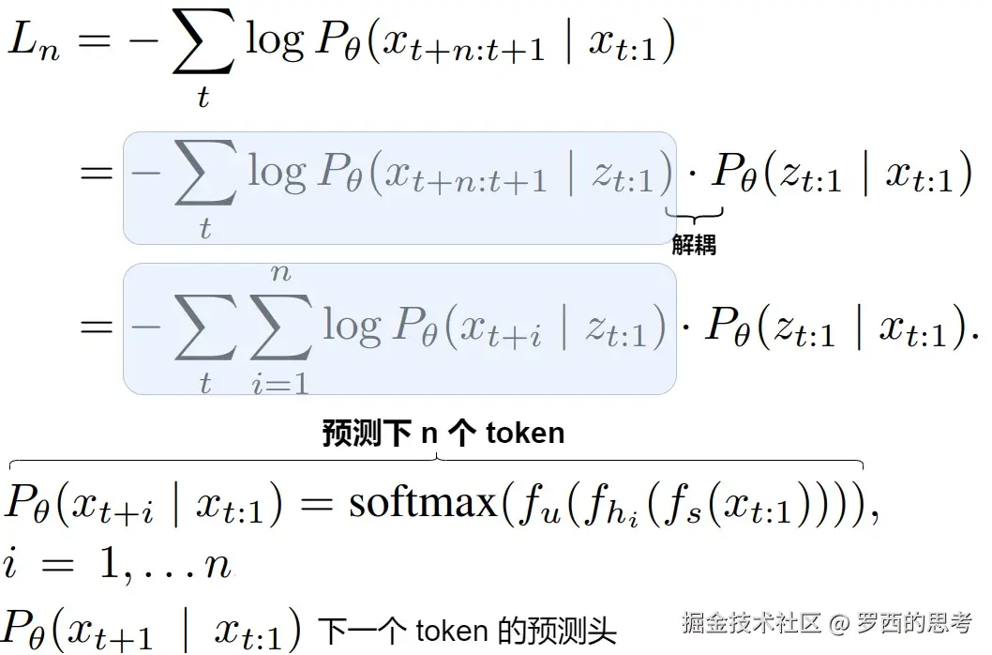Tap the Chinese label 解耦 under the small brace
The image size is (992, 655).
(x=694, y=246)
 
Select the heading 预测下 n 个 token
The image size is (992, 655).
(x=443, y=433)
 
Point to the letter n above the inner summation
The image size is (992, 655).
(x=280, y=273)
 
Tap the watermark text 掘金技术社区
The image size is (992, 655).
(x=752, y=622)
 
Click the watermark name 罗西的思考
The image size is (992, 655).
(x=913, y=622)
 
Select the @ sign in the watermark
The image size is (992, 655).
(x=839, y=623)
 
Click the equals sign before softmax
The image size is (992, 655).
(x=315, y=505)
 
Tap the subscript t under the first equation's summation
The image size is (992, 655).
(x=203, y=97)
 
